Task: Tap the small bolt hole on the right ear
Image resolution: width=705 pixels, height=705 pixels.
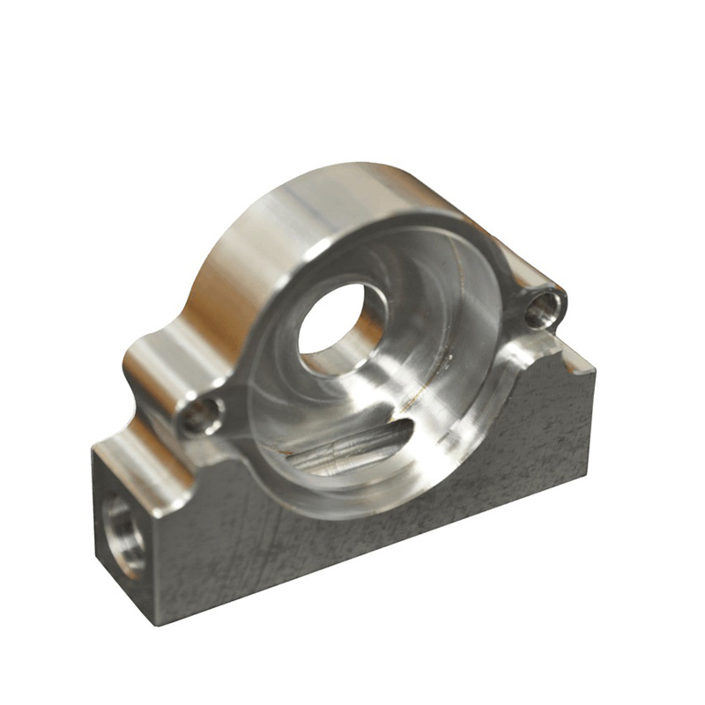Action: point(543,308)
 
